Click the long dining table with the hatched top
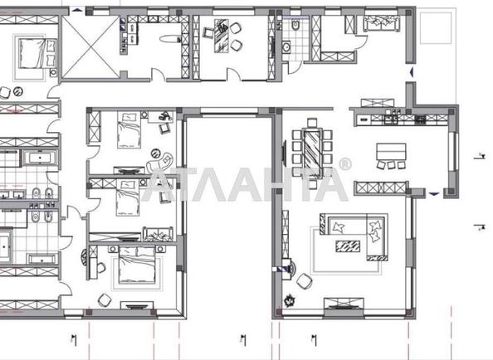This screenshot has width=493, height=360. [312, 153]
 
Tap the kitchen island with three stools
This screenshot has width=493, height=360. [391, 152]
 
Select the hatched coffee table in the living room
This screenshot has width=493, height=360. [348, 246]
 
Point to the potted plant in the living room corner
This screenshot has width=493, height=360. [289, 301]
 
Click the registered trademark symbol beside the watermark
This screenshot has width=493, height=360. [345, 164]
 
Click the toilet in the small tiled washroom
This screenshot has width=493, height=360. [295, 25]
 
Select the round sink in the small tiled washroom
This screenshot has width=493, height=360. [286, 47]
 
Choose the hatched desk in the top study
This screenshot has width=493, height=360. [221, 36]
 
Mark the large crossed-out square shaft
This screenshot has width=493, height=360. [90, 46]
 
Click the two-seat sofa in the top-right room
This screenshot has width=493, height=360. [382, 23]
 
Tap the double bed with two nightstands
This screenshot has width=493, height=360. [137, 263]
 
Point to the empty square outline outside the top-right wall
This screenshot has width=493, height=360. [436, 28]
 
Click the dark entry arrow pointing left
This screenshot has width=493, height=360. [412, 73]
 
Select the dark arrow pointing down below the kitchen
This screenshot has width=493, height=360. [434, 194]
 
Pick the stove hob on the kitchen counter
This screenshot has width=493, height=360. [421, 119]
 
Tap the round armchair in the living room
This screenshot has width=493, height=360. [304, 281]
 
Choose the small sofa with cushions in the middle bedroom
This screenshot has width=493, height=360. [159, 234]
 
